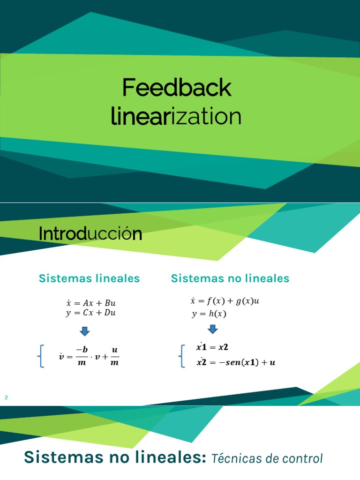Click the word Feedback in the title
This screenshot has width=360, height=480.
177,88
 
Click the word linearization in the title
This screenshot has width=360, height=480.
176,117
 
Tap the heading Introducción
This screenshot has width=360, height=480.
90,233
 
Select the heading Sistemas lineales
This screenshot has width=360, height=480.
89,278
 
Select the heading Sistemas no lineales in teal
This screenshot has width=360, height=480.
230,278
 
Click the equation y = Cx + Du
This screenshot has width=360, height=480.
90,313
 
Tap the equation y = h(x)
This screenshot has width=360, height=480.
209,314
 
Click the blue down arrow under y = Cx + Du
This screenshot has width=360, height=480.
85,331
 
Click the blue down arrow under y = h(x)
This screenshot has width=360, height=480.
212,329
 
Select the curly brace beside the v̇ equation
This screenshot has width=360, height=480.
41,357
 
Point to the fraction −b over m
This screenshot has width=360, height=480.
84,357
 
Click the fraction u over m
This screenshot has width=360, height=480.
115,357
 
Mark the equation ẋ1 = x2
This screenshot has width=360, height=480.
212,347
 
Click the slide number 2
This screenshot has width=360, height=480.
7,398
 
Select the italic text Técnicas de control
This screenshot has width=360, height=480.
267,458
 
